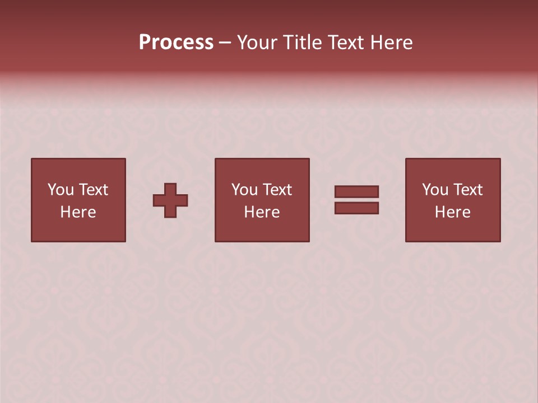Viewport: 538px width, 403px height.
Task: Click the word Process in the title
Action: [x=176, y=43]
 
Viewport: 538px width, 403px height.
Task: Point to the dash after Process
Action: [x=225, y=43]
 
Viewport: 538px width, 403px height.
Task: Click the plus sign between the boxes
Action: [x=170, y=200]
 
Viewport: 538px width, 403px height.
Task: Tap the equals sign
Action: [x=356, y=200]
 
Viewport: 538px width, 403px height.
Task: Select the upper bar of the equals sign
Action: [x=356, y=192]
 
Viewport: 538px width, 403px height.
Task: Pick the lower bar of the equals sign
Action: [x=356, y=208]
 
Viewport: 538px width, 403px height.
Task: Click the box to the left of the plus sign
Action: [x=78, y=200]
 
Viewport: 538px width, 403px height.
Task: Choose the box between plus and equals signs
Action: [x=262, y=200]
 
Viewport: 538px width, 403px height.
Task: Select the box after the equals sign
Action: [x=452, y=200]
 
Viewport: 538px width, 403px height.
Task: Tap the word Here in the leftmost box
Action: [x=78, y=212]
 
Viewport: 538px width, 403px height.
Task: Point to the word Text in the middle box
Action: [x=277, y=190]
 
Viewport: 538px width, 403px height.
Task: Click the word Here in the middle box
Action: [x=262, y=212]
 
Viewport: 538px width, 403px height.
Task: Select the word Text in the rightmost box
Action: [x=467, y=190]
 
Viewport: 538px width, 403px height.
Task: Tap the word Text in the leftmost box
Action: [x=93, y=190]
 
